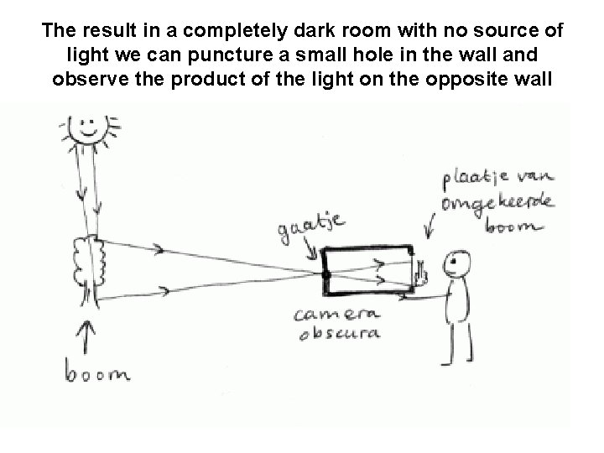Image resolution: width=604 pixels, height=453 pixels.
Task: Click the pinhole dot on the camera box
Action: pyautogui.click(x=325, y=273)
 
